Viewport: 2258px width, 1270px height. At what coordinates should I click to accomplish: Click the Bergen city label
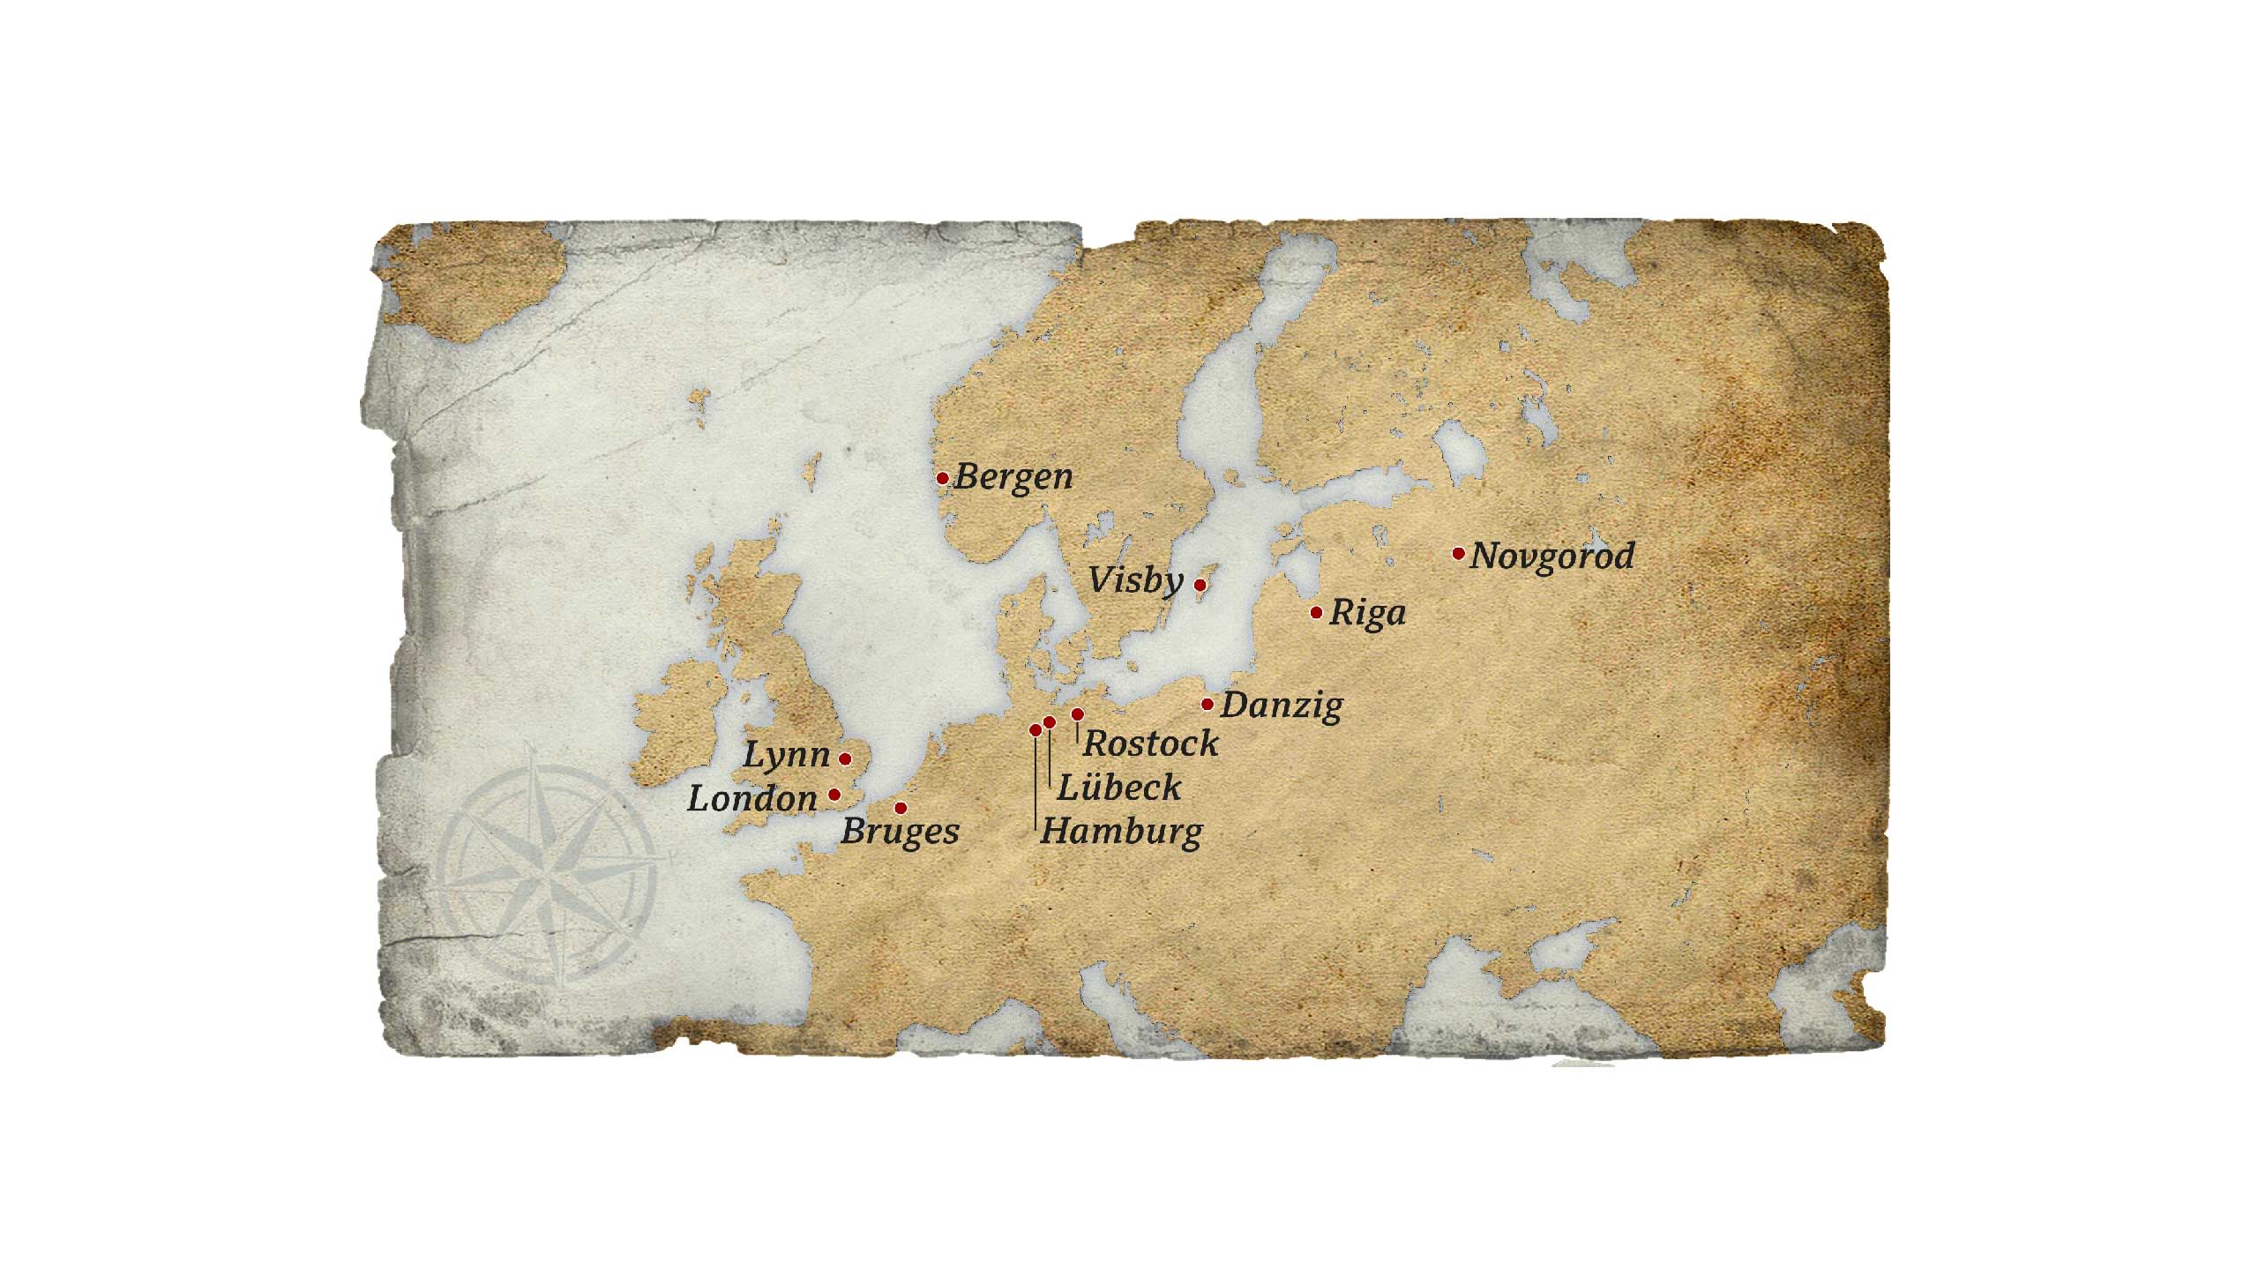[x=1013, y=477]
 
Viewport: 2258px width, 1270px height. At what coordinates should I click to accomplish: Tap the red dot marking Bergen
[x=942, y=478]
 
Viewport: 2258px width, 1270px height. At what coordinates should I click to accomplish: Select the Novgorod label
[x=1552, y=557]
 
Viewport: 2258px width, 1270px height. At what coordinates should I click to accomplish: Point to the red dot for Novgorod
[x=1458, y=554]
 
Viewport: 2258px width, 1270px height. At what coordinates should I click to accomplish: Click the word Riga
[x=1367, y=613]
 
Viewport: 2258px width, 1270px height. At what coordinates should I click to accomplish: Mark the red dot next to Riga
[x=1316, y=612]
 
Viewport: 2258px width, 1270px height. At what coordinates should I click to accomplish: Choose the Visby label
[x=1136, y=580]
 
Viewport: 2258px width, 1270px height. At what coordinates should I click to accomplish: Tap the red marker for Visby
[x=1200, y=585]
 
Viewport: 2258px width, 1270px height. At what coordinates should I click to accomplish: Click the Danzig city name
[x=1282, y=706]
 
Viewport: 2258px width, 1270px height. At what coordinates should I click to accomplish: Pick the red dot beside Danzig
[x=1208, y=704]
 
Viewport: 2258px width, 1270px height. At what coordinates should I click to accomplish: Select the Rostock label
[x=1150, y=743]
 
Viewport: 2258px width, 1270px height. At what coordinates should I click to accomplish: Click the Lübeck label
[x=1118, y=788]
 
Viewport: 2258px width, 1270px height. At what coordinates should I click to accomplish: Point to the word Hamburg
[x=1121, y=832]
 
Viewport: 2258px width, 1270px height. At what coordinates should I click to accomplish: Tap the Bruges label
[x=900, y=832]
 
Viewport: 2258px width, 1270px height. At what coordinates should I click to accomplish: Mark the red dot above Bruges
[x=901, y=808]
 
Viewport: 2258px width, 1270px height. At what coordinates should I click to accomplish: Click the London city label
[x=752, y=799]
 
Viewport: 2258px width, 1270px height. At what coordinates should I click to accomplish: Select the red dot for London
[x=834, y=795]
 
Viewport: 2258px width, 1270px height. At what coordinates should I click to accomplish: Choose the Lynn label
[x=787, y=755]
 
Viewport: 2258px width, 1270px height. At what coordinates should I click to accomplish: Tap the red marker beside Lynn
[x=845, y=758]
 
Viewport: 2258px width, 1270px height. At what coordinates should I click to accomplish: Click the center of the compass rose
[x=549, y=875]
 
